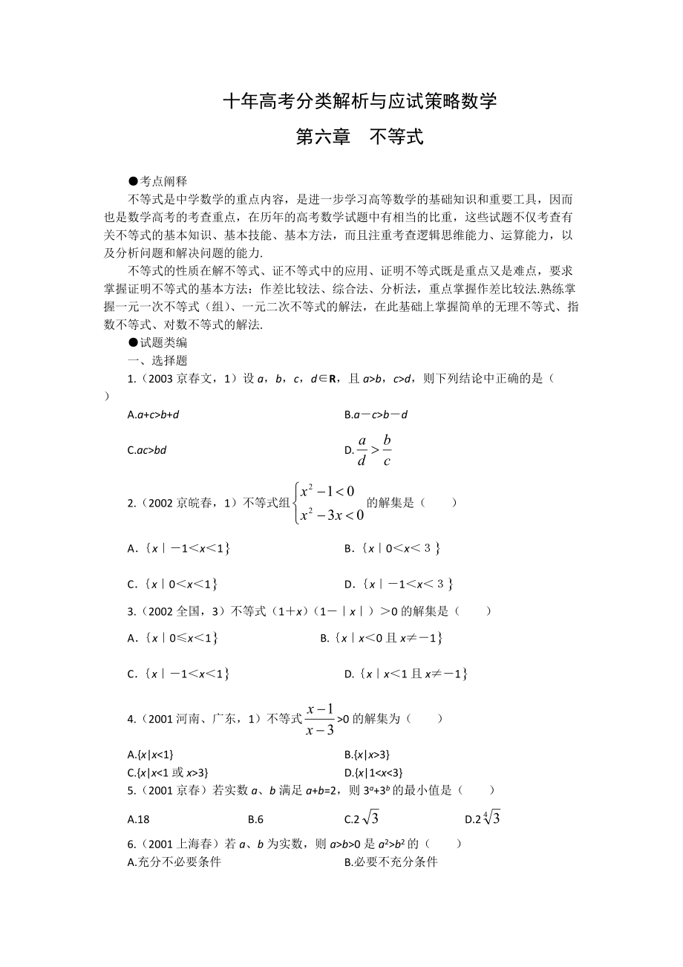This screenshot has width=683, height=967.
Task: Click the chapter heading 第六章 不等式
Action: click(359, 137)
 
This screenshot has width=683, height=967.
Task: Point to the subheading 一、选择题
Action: click(157, 360)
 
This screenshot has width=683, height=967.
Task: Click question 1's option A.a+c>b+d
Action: click(154, 414)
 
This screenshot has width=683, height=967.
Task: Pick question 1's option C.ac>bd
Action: click(147, 449)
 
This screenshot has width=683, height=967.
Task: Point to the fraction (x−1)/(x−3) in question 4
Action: click(320, 719)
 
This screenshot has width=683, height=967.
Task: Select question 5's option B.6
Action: click(256, 819)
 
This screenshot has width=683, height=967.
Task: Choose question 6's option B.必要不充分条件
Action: click(391, 862)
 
